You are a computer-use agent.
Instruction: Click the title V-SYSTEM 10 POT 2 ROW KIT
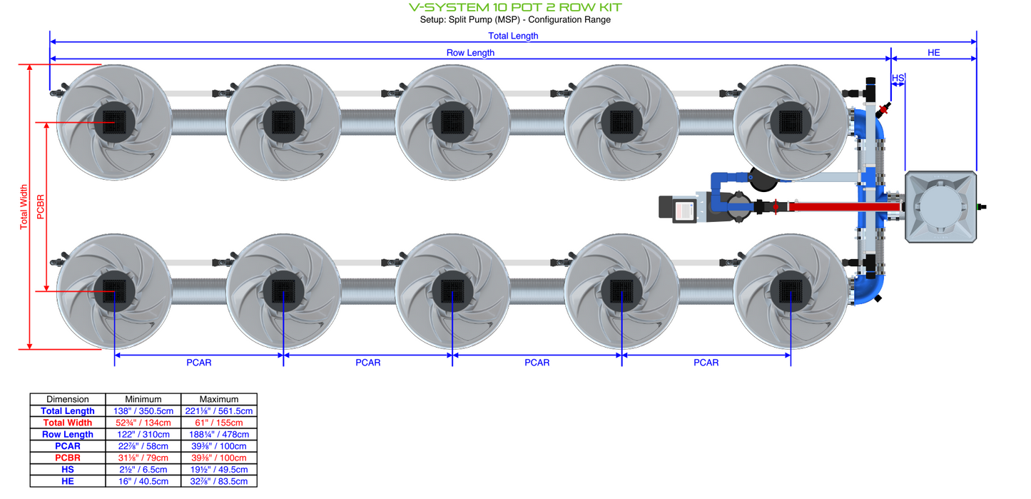[515, 7]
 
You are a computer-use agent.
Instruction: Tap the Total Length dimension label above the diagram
[513, 36]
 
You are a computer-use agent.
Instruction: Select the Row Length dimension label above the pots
[470, 53]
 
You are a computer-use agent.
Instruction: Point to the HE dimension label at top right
[933, 53]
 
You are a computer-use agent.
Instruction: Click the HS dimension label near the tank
[898, 77]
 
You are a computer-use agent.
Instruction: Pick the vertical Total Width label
[24, 207]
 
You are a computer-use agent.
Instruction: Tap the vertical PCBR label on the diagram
[40, 207]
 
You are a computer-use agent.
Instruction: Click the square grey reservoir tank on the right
[940, 206]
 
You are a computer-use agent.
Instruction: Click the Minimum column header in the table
[143, 399]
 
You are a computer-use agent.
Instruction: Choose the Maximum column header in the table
[218, 399]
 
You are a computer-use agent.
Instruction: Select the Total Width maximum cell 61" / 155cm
[218, 423]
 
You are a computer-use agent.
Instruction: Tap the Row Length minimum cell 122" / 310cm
[143, 434]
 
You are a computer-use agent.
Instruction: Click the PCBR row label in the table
[68, 458]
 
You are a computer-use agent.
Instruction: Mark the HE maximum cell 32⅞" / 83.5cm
[218, 481]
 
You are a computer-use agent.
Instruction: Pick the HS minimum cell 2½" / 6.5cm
[143, 470]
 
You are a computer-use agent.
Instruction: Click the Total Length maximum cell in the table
[218, 411]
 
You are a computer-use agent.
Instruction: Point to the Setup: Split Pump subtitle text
[515, 20]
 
